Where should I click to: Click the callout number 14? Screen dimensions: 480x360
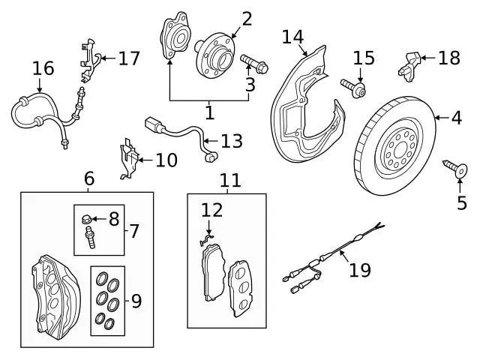pyautogui.click(x=292, y=37)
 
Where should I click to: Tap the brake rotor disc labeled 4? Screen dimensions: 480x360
pyautogui.click(x=395, y=146)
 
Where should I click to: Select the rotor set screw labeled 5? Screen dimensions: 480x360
pyautogui.click(x=455, y=168)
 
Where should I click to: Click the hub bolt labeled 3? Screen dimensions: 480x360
pyautogui.click(x=254, y=63)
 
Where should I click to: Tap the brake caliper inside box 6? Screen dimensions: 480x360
pyautogui.click(x=56, y=294)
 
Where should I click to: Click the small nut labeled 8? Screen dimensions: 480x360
pyautogui.click(x=86, y=219)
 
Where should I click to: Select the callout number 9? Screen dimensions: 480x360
pyautogui.click(x=136, y=301)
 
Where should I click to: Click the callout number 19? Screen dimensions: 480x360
pyautogui.click(x=360, y=270)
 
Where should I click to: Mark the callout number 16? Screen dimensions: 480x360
pyautogui.click(x=43, y=68)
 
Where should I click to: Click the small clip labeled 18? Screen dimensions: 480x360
pyautogui.click(x=409, y=67)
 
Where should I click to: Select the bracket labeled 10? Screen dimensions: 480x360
pyautogui.click(x=129, y=158)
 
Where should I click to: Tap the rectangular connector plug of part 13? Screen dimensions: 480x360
pyautogui.click(x=153, y=124)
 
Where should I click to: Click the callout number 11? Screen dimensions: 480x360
pyautogui.click(x=230, y=180)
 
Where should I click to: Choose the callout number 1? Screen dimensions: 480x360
pyautogui.click(x=210, y=113)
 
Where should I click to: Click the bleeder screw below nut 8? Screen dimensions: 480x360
pyautogui.click(x=89, y=237)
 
